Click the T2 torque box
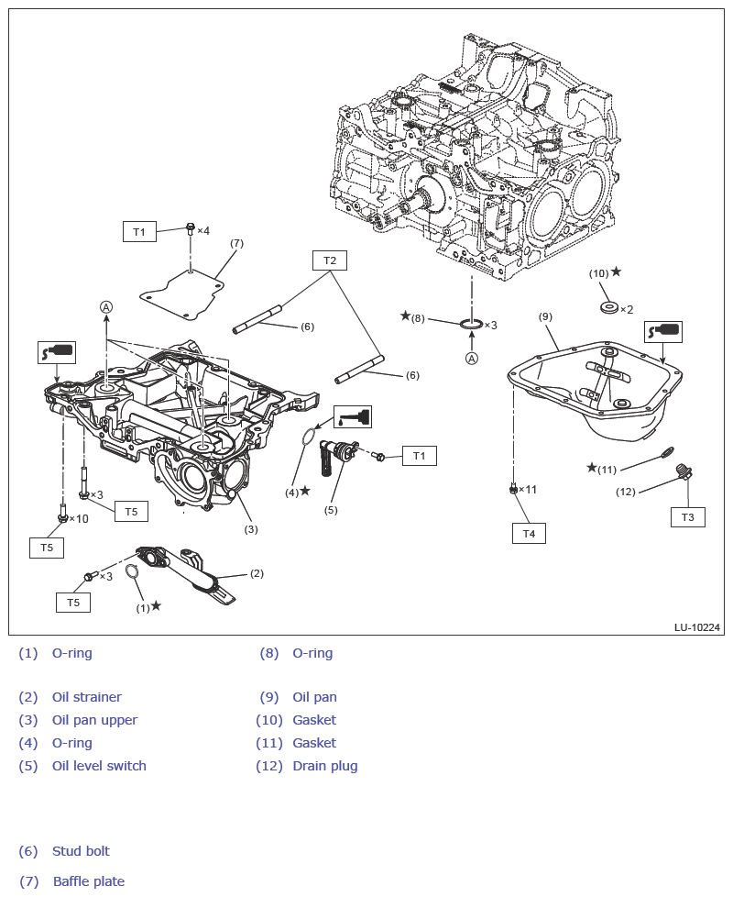[x=330, y=260]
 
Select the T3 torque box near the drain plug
[x=687, y=517]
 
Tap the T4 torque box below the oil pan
[x=529, y=533]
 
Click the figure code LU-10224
[x=697, y=627]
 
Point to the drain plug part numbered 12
[x=682, y=472]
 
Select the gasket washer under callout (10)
[x=607, y=305]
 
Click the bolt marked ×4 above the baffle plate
[x=190, y=227]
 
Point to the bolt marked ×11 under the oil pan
[x=514, y=489]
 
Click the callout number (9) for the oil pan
[x=545, y=316]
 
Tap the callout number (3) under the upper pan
[x=250, y=529]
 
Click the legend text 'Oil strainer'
[x=86, y=697]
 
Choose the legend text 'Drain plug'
[x=324, y=766]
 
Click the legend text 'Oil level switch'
[x=99, y=766]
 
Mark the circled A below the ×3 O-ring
[x=471, y=359]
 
